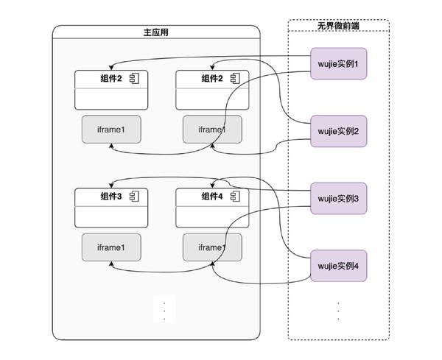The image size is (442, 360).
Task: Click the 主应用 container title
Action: coord(156,32)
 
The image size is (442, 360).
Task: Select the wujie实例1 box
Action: coord(338,64)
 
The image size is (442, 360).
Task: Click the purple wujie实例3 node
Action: coord(338,198)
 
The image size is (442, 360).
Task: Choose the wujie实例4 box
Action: coord(338,266)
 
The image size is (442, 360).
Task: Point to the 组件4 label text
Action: coord(211,196)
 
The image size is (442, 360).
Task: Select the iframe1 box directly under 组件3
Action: coord(110,247)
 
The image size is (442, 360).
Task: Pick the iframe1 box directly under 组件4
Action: coord(211,247)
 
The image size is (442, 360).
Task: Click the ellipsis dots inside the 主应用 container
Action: coord(164,309)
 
